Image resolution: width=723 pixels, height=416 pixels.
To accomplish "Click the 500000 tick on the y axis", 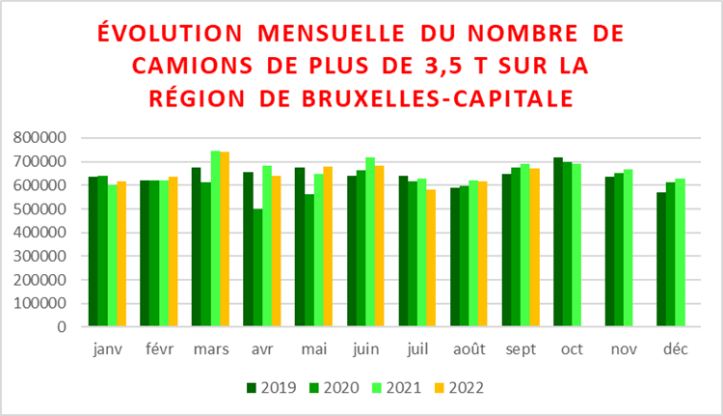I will pyautogui.click(x=40, y=208).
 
